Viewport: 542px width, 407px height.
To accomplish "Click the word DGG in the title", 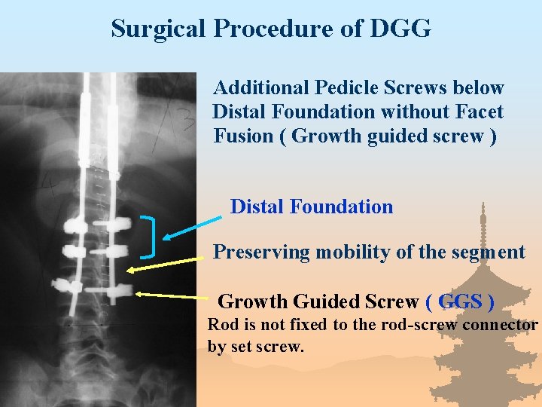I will coord(400,29).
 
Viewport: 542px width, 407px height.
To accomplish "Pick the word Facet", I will coord(478,112).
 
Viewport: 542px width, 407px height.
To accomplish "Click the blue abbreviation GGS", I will coord(460,301).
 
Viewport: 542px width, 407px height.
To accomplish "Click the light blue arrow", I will coord(192,226).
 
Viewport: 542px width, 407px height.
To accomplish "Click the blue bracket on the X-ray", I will coord(151,237).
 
